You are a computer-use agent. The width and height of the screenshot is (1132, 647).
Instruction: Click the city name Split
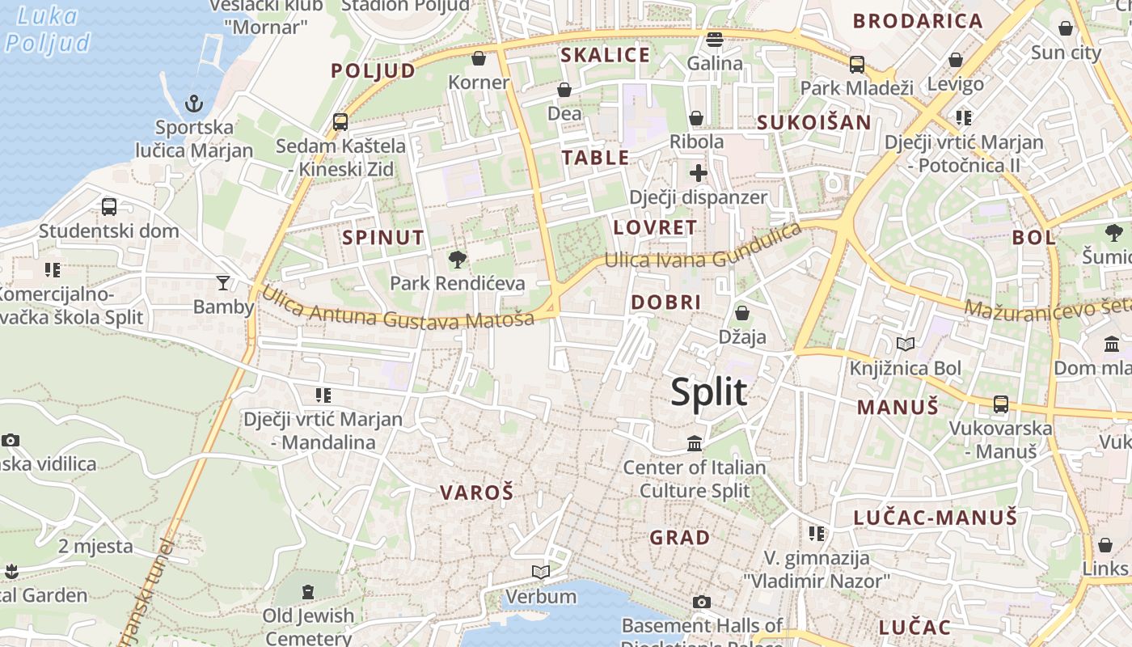point(708,392)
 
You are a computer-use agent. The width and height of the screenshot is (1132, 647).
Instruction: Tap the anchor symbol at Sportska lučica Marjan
point(193,104)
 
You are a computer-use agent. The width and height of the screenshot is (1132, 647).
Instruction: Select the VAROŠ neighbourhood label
point(476,492)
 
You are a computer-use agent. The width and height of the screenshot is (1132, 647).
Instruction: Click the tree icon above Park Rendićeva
point(458,260)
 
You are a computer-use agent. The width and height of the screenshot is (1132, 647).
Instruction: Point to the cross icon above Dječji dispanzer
point(699,172)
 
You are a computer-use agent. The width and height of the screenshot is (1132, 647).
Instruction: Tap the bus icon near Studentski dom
point(109,206)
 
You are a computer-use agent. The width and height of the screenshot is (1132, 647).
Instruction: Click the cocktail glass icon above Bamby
point(223,282)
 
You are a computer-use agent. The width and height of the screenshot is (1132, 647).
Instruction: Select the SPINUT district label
point(382,238)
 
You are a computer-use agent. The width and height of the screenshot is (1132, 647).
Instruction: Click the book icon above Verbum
point(541,573)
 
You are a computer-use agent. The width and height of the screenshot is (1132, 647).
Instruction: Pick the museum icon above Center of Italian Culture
point(695,443)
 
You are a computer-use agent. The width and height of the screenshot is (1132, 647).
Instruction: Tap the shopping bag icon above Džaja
point(741,313)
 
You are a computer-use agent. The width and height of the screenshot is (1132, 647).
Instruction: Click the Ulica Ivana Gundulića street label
point(703,249)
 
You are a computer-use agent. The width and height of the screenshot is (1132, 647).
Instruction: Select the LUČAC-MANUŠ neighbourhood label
point(936,518)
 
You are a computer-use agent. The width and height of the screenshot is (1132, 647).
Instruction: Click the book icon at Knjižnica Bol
point(906,345)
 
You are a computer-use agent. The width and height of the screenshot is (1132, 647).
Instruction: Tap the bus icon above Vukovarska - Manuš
point(1001,404)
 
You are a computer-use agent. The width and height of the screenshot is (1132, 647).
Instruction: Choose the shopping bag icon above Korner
point(479,58)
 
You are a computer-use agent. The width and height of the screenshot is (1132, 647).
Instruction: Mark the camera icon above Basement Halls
point(702,602)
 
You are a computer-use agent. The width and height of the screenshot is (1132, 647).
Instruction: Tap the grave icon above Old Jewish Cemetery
point(308,592)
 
